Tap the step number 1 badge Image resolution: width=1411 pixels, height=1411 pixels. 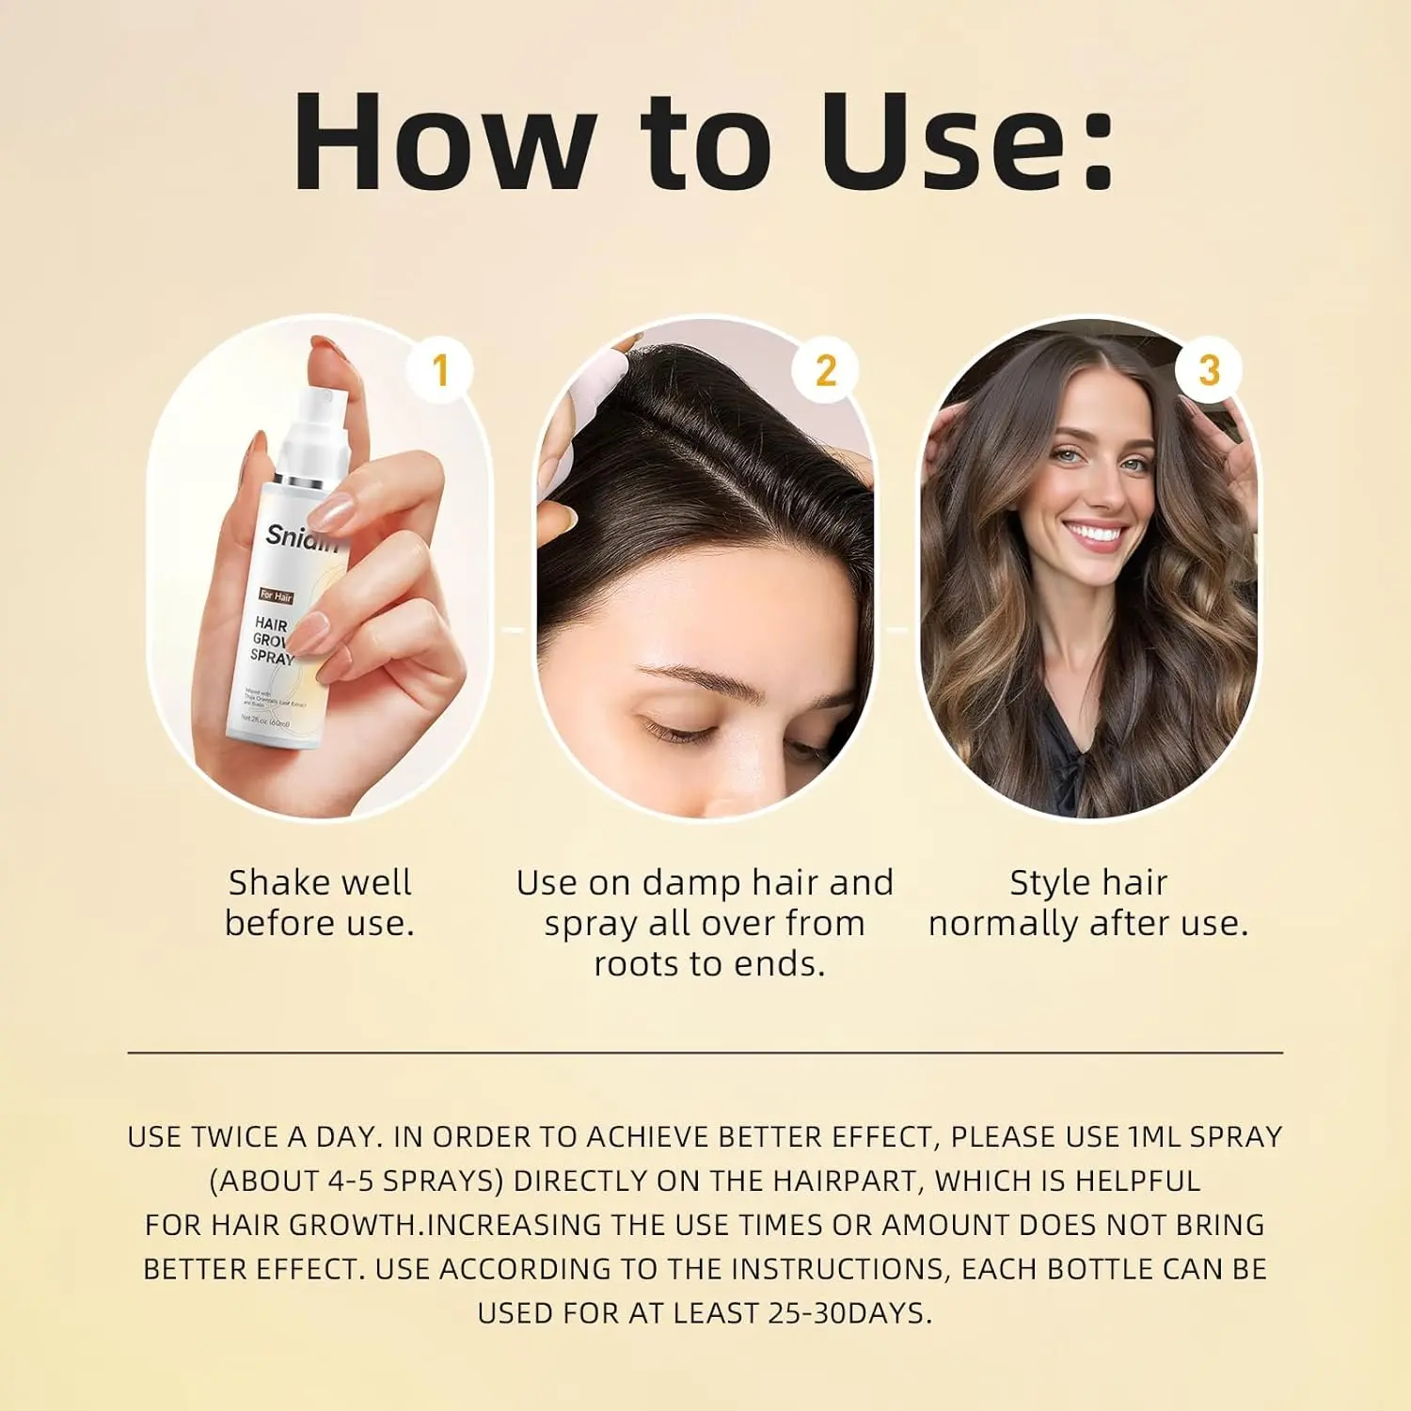(x=439, y=370)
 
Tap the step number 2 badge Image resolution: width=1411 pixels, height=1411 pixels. (x=825, y=370)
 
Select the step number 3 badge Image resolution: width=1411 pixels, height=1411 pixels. (x=1209, y=370)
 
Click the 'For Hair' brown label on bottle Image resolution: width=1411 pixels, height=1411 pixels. (x=276, y=596)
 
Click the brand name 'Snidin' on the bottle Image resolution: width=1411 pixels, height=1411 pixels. (x=299, y=537)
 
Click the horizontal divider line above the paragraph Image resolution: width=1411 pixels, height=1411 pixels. (x=705, y=1053)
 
